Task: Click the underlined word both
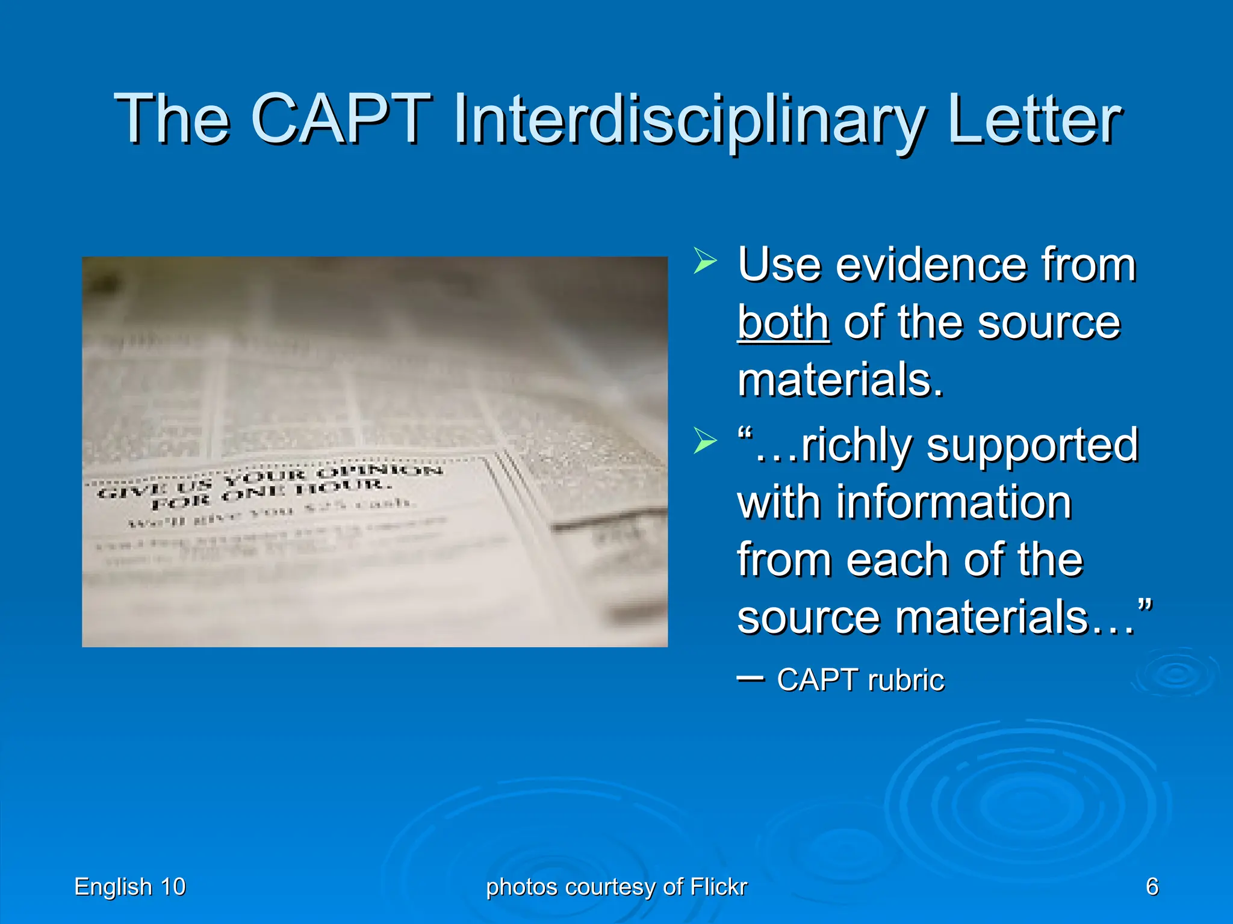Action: tap(783, 323)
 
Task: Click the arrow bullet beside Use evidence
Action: tap(704, 260)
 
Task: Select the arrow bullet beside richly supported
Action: tap(704, 441)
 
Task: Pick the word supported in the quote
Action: tap(1032, 445)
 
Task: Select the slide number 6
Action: tap(1152, 887)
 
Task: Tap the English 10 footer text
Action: tap(130, 887)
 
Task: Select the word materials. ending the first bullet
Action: tap(840, 380)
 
